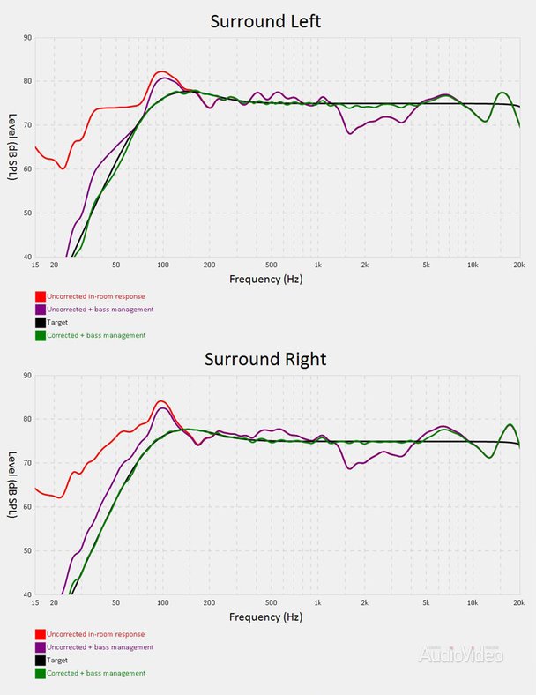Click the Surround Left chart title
pos(265,21)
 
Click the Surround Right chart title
pos(265,359)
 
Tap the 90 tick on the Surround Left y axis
pos(26,38)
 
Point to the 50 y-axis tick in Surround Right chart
pos(26,551)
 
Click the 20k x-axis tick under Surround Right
pos(518,602)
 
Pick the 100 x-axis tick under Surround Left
pos(162,265)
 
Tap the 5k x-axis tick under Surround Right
pos(426,602)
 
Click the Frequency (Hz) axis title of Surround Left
pos(265,279)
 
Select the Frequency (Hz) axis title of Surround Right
pos(265,617)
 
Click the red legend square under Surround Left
pos(40,296)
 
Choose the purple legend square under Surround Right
pos(40,647)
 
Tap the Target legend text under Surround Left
pos(58,323)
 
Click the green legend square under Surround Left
pos(40,335)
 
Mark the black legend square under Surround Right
pos(40,660)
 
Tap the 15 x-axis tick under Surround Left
pos(35,265)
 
